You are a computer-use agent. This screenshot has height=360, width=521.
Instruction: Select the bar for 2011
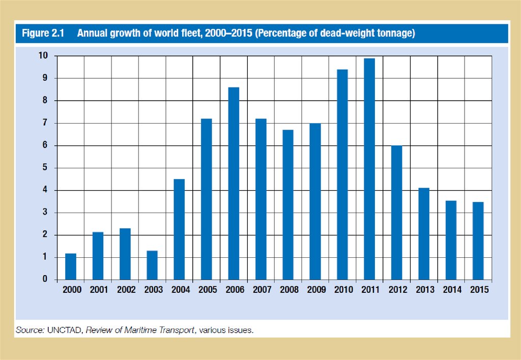pyautogui.click(x=369, y=169)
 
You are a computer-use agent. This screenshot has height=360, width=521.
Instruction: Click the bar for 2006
pyautogui.click(x=234, y=183)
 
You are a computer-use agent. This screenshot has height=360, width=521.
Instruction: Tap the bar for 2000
pyautogui.click(x=71, y=266)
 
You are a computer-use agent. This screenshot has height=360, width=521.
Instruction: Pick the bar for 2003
pyautogui.click(x=152, y=265)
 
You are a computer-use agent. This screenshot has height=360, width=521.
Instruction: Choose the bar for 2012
pyautogui.click(x=396, y=213)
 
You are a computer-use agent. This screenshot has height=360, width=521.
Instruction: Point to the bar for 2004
pyautogui.click(x=179, y=229)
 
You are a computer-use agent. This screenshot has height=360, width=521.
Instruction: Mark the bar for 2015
pyautogui.click(x=478, y=241)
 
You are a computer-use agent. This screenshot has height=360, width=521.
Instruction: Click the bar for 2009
pyautogui.click(x=315, y=201)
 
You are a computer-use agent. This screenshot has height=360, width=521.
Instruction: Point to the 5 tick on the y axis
pyautogui.click(x=45, y=168)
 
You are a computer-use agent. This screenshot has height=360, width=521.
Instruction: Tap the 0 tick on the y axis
pyautogui.click(x=45, y=279)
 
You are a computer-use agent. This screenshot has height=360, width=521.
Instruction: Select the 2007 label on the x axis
pyautogui.click(x=261, y=290)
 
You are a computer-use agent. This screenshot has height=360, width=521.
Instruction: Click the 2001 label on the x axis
pyautogui.click(x=98, y=290)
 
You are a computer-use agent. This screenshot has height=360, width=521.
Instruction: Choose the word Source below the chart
pyautogui.click(x=30, y=330)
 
